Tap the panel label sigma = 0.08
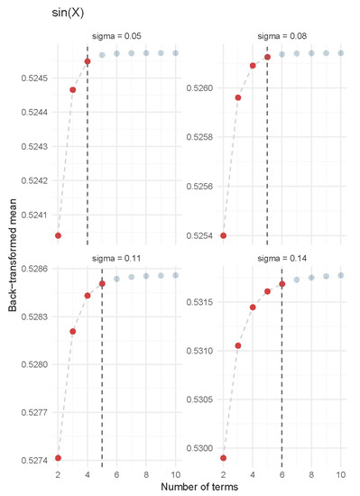(282, 37)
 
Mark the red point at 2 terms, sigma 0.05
(58, 235)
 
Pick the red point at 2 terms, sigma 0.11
(58, 458)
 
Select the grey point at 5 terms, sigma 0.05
(102, 55)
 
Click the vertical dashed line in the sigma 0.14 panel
(282, 379)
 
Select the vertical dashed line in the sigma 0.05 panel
(88, 153)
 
